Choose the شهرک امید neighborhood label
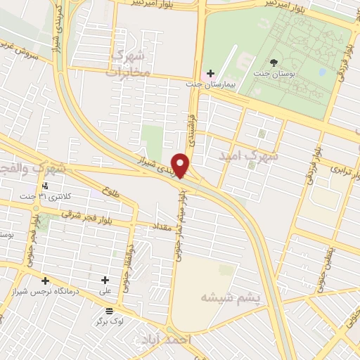[249, 156]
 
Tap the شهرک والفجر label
[35, 168]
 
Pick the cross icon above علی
[105, 280]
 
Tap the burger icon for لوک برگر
[108, 310]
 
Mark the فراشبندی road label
[195, 120]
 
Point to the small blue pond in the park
[321, 72]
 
